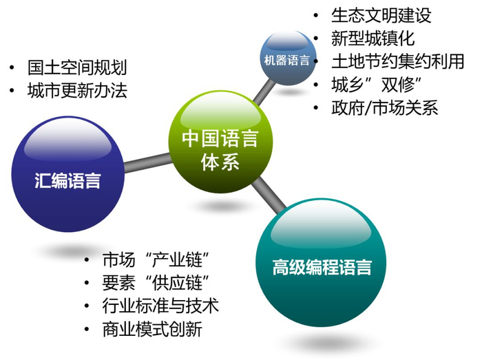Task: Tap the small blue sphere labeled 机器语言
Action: tap(287, 59)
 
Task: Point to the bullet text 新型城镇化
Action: tap(373, 38)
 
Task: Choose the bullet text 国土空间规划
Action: tap(77, 67)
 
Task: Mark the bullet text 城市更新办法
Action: tap(77, 91)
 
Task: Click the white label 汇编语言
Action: tap(67, 182)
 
